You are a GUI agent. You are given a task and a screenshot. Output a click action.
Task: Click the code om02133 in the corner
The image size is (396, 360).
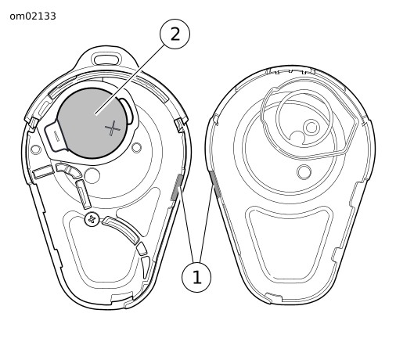[x=33, y=16]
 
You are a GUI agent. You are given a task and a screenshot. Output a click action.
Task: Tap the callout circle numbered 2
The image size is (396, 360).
[x=175, y=34]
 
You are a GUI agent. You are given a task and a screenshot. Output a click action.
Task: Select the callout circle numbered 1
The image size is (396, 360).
[x=196, y=277]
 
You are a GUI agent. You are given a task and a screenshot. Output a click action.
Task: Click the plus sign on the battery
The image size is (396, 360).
[x=113, y=128]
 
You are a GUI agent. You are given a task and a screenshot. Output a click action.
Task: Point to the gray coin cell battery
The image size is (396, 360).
[x=92, y=123]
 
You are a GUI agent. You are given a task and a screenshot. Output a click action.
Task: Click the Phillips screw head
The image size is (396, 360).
[x=92, y=219]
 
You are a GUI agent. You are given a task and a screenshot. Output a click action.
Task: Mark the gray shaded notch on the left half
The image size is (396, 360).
[x=177, y=187]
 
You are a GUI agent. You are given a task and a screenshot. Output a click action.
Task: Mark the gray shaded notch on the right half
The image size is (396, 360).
[x=215, y=183]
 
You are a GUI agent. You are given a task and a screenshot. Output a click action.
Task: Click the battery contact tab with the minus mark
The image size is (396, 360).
[x=54, y=135]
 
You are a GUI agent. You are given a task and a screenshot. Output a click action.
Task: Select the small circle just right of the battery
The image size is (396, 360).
[x=136, y=148]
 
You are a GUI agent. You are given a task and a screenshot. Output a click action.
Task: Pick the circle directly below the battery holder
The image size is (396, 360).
[x=92, y=175]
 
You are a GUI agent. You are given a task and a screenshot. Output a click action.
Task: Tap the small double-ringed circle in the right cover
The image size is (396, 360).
[x=311, y=128]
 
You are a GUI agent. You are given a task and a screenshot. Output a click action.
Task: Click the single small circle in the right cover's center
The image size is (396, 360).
[x=304, y=172]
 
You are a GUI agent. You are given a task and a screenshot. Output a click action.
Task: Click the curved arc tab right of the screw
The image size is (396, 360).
[x=121, y=230]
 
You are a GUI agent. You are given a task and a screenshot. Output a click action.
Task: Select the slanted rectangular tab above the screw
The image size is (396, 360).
[x=83, y=194]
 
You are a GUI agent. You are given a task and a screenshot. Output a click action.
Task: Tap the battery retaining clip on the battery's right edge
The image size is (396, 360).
[x=128, y=110]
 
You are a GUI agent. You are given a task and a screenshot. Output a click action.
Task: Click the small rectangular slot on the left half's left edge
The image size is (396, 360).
[x=43, y=171]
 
